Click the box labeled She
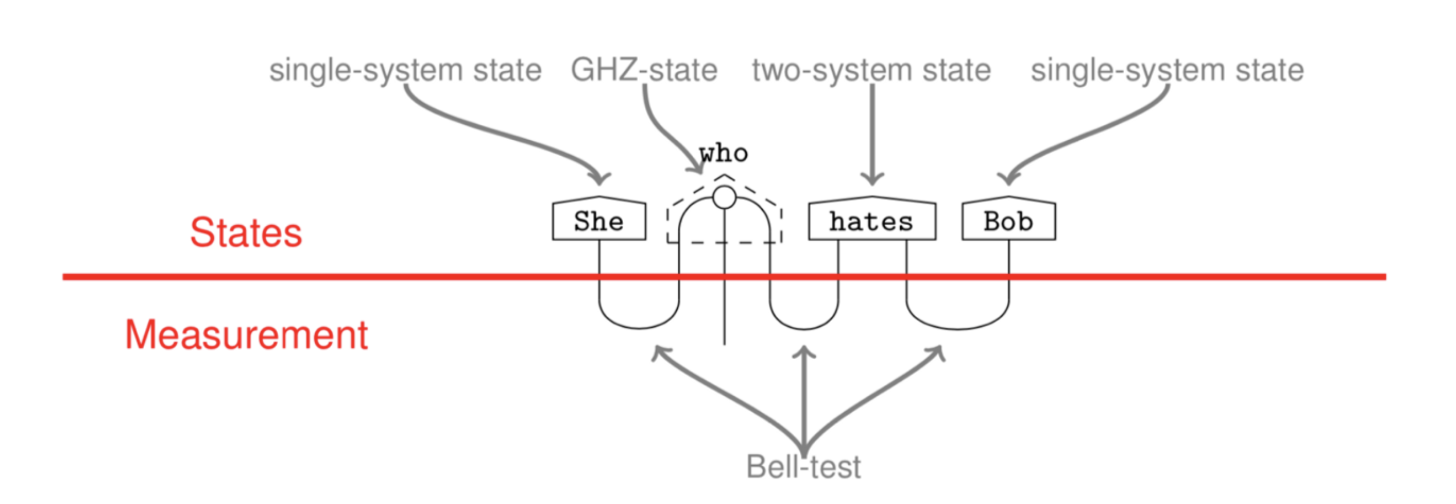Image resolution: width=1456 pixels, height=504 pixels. [x=599, y=221]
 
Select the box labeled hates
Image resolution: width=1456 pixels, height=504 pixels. [x=871, y=221]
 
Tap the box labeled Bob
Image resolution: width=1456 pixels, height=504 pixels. [x=1008, y=221]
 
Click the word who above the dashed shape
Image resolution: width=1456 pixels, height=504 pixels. [x=723, y=153]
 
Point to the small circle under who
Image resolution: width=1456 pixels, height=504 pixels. [x=724, y=197]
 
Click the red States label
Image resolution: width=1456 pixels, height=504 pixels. [x=246, y=233]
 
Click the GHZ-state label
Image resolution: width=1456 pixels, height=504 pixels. [x=644, y=70]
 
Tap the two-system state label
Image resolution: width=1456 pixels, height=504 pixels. [x=871, y=70]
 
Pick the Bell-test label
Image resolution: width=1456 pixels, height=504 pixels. [x=803, y=466]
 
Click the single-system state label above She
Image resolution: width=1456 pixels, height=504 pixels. [x=405, y=70]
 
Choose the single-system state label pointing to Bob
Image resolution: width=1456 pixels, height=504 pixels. [x=1167, y=70]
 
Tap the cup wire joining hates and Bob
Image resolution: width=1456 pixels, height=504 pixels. [x=958, y=328]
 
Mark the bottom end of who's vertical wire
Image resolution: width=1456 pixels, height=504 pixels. [x=724, y=343]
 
